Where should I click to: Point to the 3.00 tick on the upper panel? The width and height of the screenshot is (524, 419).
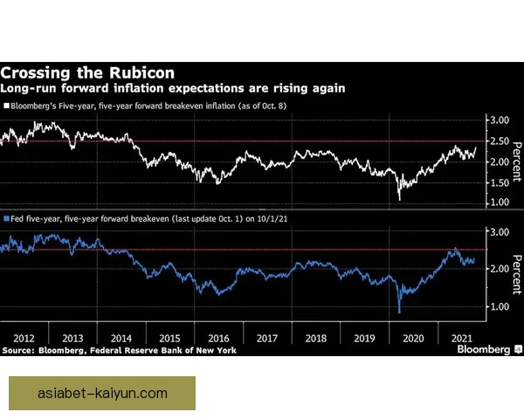pyautogui.click(x=498, y=120)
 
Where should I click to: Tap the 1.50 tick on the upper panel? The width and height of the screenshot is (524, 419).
pyautogui.click(x=498, y=182)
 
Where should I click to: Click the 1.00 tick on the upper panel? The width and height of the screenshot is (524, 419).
pyautogui.click(x=498, y=203)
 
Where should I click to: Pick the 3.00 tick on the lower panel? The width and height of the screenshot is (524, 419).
pyautogui.click(x=498, y=232)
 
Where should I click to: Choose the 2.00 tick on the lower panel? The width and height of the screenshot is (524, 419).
pyautogui.click(x=498, y=269)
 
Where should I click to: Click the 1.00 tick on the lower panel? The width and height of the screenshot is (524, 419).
pyautogui.click(x=498, y=306)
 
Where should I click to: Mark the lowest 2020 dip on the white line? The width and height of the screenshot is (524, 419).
pyautogui.click(x=400, y=200)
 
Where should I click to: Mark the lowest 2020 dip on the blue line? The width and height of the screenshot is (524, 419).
pyautogui.click(x=399, y=313)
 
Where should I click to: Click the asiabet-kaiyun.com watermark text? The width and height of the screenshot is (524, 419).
pyautogui.click(x=102, y=394)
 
